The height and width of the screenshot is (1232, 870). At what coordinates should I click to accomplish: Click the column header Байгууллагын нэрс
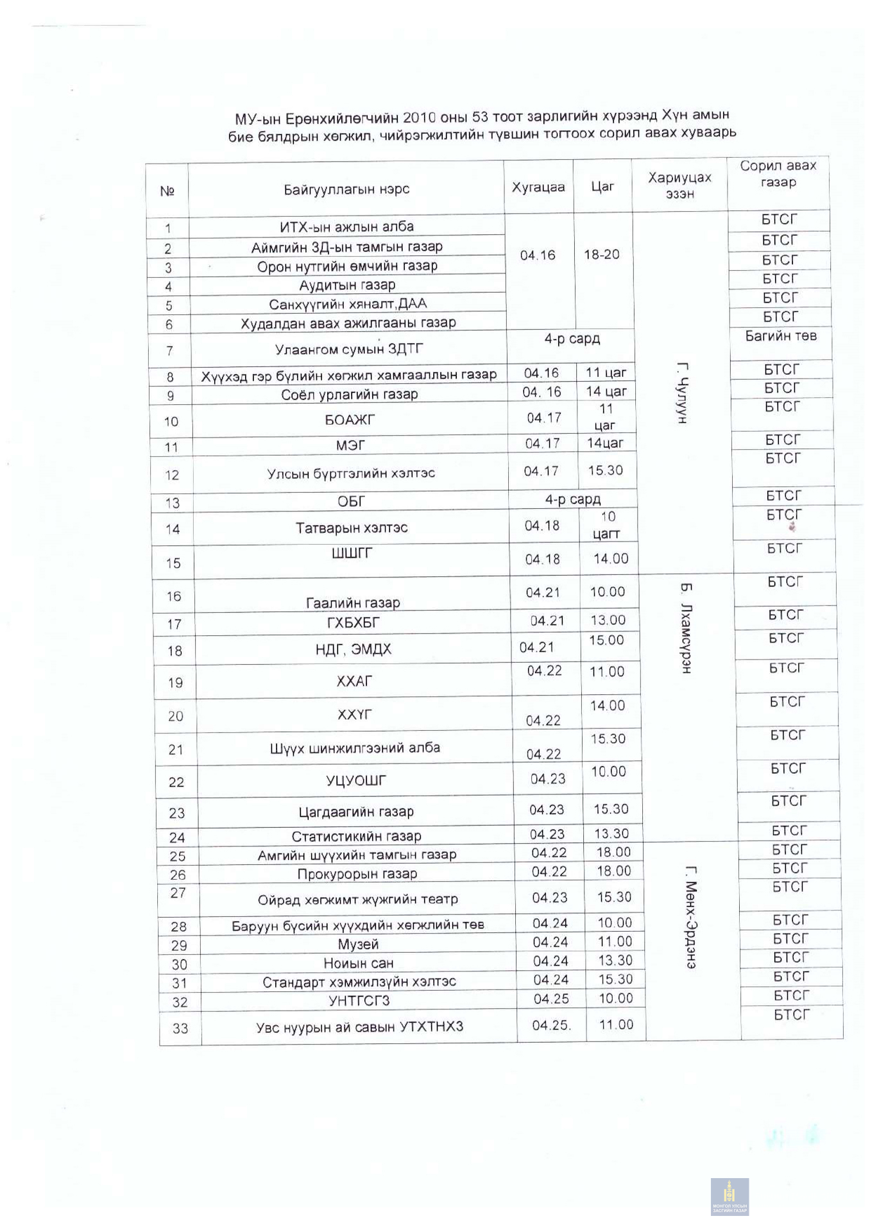346,189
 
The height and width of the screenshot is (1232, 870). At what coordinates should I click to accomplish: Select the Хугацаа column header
538,187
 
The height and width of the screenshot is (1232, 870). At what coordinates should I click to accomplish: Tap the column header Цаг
602,187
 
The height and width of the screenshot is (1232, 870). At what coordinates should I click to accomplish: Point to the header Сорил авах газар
778,174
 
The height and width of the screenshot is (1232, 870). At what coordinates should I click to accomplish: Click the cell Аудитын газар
347,285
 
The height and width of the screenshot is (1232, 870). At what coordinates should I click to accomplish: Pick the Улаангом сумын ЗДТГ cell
349,349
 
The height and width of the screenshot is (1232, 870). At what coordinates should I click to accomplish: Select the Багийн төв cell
781,336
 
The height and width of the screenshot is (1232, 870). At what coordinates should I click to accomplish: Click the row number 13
173,503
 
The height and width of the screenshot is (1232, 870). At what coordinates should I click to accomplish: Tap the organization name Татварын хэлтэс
352,528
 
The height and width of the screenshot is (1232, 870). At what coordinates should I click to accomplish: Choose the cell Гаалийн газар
353,603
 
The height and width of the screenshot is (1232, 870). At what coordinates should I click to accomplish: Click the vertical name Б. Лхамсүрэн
686,628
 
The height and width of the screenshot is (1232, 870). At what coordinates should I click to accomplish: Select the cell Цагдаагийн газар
356,812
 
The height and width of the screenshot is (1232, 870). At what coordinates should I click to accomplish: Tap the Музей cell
358,944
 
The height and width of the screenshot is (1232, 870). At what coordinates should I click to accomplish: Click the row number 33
180,1028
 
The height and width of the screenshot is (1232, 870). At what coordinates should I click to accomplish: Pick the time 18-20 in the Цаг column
602,255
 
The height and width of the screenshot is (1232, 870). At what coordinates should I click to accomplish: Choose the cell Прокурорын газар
357,874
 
